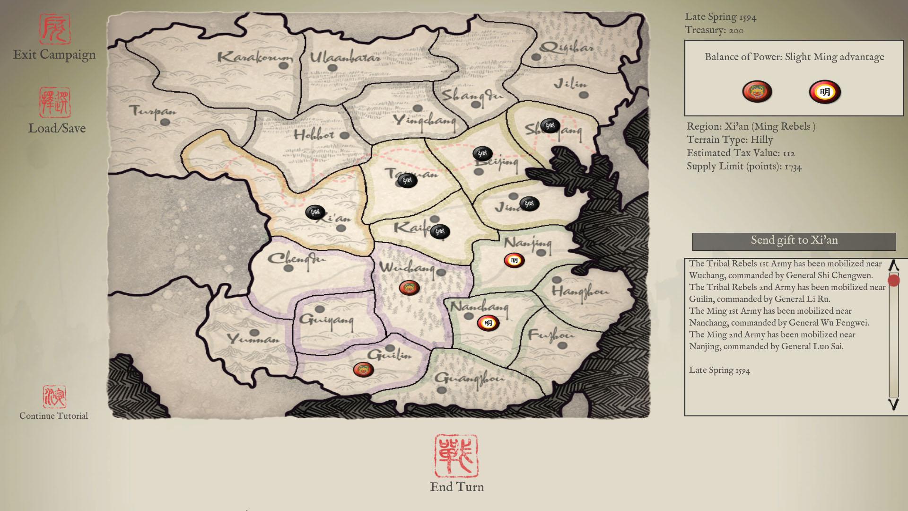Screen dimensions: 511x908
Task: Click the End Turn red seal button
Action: click(x=456, y=457)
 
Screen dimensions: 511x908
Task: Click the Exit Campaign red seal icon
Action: click(x=54, y=29)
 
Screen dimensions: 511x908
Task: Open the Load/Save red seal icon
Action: click(x=55, y=102)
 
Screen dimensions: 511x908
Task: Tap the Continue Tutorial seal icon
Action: click(x=54, y=396)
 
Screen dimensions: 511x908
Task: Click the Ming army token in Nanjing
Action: click(x=514, y=260)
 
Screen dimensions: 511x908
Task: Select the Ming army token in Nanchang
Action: click(x=488, y=323)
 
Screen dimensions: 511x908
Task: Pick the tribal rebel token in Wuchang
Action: click(x=409, y=287)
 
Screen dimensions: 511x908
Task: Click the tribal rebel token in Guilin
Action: click(x=363, y=369)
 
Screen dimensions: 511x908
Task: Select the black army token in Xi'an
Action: click(x=315, y=212)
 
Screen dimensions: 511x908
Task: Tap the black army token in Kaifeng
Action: click(x=440, y=231)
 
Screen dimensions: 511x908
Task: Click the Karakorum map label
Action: click(x=254, y=58)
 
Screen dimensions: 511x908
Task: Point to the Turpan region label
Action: click(x=152, y=111)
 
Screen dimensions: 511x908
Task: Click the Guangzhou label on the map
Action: click(x=469, y=378)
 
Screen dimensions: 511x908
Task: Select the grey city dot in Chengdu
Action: click(x=288, y=268)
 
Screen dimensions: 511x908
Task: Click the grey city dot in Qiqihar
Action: click(x=536, y=57)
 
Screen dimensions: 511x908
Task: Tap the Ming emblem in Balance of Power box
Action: click(x=824, y=92)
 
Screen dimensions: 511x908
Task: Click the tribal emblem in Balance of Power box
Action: click(x=757, y=91)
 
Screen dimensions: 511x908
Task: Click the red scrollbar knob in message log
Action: click(x=893, y=281)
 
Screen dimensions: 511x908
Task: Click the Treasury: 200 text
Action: click(x=714, y=30)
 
